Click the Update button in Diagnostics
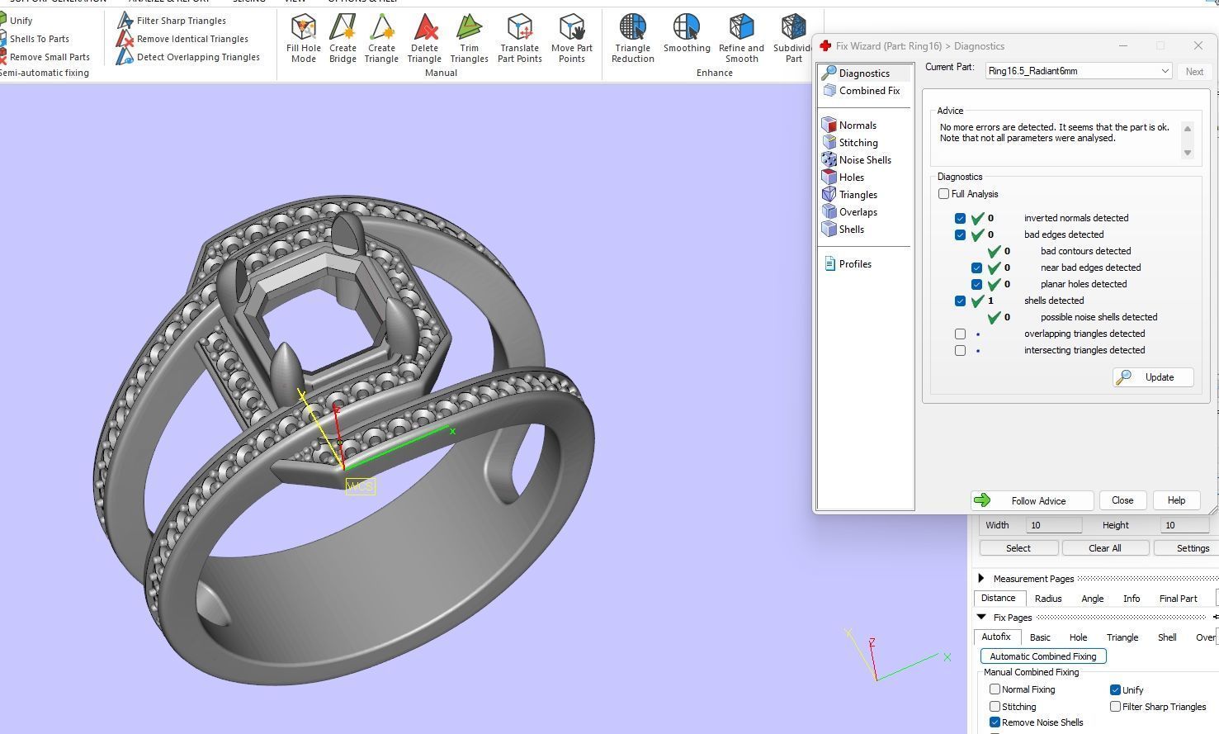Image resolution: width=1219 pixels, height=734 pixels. (1153, 377)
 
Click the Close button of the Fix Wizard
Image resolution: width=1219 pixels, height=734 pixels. (1122, 500)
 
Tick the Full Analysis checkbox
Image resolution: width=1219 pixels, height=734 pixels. (943, 194)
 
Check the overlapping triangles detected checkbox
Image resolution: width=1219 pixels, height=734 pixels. (960, 334)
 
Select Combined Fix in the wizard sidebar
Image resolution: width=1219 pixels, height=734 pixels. (868, 91)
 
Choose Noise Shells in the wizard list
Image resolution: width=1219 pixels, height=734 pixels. (864, 160)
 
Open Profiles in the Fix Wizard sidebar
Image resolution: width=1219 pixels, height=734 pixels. (854, 264)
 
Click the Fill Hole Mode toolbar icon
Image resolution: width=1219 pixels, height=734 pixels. (304, 38)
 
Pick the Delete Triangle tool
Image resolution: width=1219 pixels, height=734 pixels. (424, 38)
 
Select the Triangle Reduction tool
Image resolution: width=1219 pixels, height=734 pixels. (633, 38)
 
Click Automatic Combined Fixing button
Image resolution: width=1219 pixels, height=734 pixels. (1043, 656)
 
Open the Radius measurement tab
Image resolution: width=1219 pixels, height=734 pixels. (1048, 599)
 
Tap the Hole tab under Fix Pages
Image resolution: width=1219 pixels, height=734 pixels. (1078, 637)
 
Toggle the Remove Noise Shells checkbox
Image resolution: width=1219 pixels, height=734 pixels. (995, 722)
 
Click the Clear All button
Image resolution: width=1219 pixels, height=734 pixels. (1104, 548)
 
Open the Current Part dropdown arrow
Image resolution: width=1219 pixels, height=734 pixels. (1165, 71)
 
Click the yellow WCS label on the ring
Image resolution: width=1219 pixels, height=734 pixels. (360, 486)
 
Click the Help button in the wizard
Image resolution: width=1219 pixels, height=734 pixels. (1176, 500)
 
